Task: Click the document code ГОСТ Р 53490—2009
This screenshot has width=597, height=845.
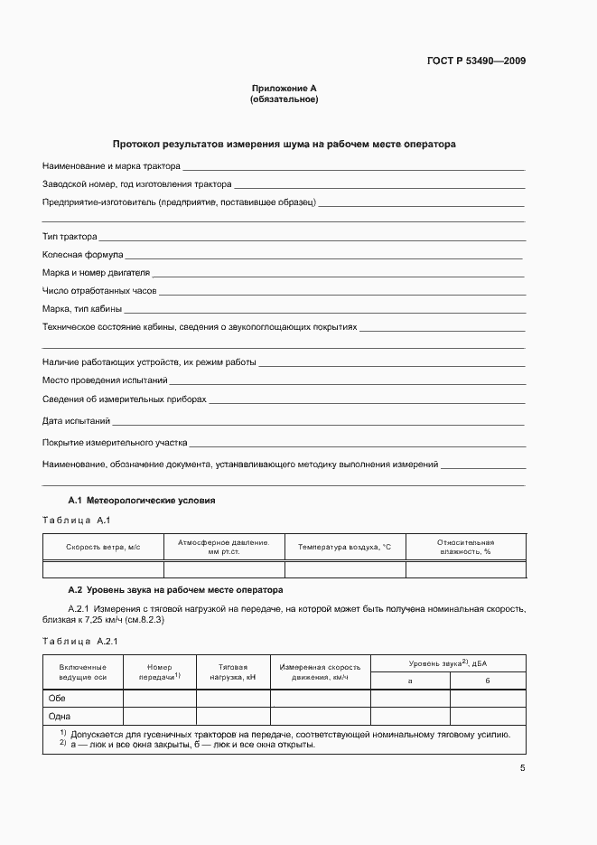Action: click(475, 61)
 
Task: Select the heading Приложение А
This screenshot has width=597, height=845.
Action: click(284, 89)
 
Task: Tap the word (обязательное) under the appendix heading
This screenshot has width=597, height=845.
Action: click(284, 99)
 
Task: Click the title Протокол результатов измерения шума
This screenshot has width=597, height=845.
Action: click(284, 144)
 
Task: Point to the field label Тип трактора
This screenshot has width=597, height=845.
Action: click(70, 237)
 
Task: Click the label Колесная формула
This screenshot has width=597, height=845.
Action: click(83, 255)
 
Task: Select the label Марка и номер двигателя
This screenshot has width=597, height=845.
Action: click(96, 272)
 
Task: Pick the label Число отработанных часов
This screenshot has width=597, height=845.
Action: click(99, 290)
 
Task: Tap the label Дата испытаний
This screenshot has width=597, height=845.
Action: click(76, 420)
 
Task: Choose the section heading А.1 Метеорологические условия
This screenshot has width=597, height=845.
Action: click(142, 500)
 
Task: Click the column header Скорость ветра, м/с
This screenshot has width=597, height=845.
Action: click(103, 547)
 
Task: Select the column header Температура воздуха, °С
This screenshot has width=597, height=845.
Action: click(345, 547)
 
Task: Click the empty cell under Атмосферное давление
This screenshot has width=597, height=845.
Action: click(224, 569)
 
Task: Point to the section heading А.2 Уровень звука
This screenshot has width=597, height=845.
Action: click(176, 589)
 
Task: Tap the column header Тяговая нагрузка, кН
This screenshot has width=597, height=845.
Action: click(233, 671)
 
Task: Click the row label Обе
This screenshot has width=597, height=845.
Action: click(56, 698)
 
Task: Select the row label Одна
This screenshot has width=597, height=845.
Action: click(59, 715)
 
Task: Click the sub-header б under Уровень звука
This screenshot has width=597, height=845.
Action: click(487, 680)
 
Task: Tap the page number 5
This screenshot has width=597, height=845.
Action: click(522, 768)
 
